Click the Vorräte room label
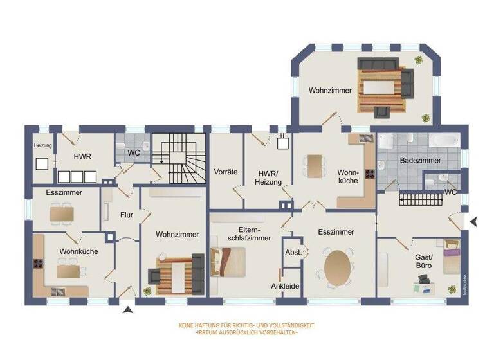point(226,172)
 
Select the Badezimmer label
point(416,159)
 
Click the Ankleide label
point(285,286)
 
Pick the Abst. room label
point(293,253)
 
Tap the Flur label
point(126,215)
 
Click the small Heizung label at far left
point(42,145)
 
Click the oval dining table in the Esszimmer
point(338,268)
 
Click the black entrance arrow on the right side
point(473,222)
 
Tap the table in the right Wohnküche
point(313,165)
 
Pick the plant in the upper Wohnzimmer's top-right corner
point(419,60)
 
